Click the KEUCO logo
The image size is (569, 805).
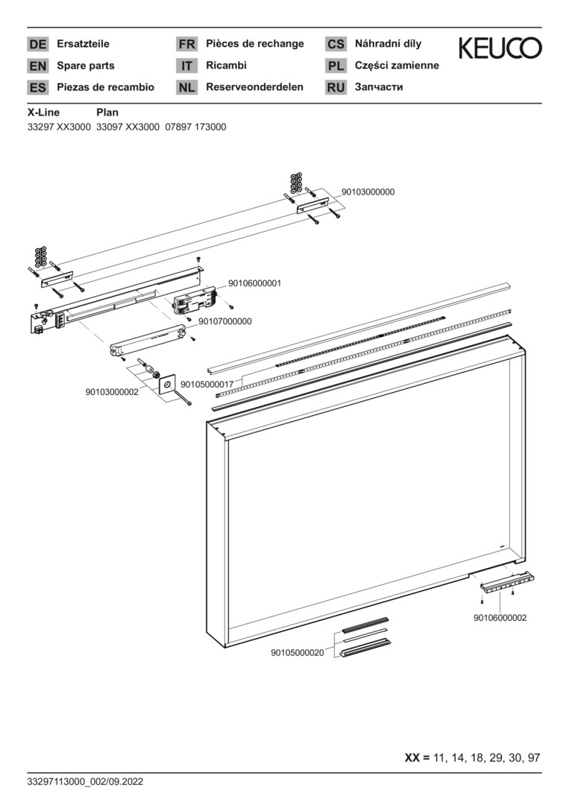point(500,49)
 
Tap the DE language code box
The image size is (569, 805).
point(37,45)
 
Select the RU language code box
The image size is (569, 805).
point(336,88)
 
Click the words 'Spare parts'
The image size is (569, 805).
point(86,66)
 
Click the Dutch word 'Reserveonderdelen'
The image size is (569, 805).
point(254,87)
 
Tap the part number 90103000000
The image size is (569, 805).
point(368,192)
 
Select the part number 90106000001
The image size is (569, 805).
point(254,283)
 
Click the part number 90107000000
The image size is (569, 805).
point(224,321)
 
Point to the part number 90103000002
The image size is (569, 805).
point(112,391)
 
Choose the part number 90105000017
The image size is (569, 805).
point(216,384)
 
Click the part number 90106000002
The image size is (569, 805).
point(500,618)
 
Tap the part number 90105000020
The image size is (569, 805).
point(297,653)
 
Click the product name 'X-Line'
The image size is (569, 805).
point(43,113)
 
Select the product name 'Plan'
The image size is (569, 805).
point(107,113)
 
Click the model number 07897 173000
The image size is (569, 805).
point(195,127)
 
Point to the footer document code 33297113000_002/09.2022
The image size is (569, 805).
point(84,782)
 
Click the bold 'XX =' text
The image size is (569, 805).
point(417,758)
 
